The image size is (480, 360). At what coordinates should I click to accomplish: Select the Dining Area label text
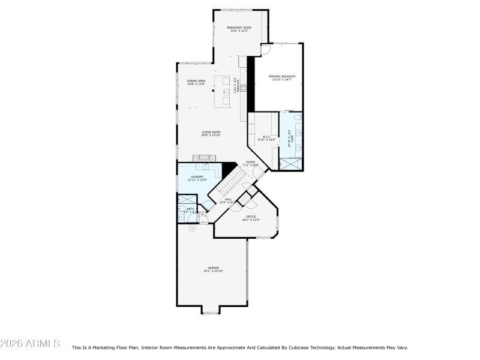[x=196, y=82]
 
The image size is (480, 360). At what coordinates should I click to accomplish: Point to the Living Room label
[x=211, y=133]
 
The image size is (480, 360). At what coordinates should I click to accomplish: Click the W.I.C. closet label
[x=267, y=137]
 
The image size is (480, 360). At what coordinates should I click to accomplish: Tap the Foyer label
[x=250, y=163]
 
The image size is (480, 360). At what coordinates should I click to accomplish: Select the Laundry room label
[x=197, y=178]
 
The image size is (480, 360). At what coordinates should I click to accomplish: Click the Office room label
[x=251, y=218]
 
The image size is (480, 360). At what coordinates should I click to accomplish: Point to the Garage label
[x=213, y=269]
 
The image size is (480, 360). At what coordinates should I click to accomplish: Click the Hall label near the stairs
[x=228, y=200]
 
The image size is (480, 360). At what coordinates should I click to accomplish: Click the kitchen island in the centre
[x=223, y=92]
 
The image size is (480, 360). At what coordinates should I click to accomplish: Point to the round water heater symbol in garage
[x=192, y=228]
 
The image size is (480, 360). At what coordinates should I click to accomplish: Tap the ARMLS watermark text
[x=30, y=344]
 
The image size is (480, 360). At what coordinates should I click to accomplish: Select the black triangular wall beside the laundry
[x=229, y=169]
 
